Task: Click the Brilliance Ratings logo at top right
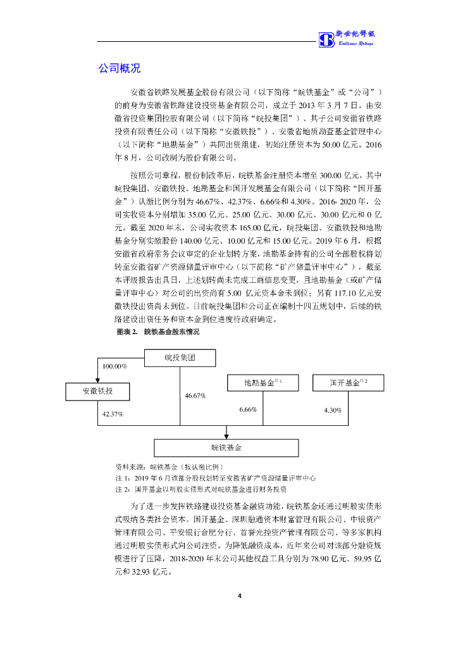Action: (346, 39)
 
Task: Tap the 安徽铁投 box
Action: (98, 392)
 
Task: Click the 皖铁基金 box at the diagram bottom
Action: (226, 447)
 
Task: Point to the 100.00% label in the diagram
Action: (114, 366)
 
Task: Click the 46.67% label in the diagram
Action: (195, 396)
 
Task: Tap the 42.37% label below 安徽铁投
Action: (113, 413)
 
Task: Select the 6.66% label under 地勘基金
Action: (248, 410)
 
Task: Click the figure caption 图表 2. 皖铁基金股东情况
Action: (158, 332)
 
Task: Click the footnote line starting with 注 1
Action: (215, 478)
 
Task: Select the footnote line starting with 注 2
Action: (201, 490)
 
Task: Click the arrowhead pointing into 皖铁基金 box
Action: (226, 435)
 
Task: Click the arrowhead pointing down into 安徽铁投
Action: (98, 381)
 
